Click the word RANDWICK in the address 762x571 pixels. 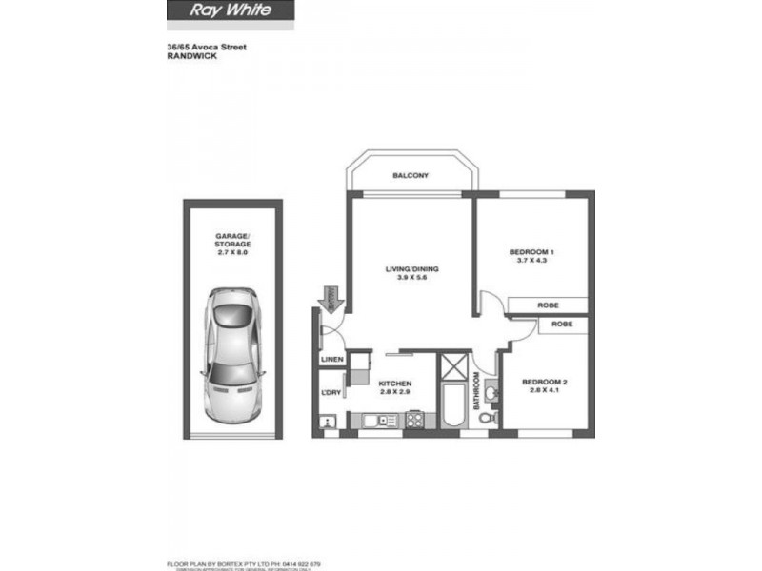point(190,56)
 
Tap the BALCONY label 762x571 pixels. point(411,176)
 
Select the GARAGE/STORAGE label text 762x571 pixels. point(232,240)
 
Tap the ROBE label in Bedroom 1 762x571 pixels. point(548,305)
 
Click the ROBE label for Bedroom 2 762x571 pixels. point(562,324)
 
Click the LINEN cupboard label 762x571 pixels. point(331,360)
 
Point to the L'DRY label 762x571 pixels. point(331,393)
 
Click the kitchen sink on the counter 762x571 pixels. point(375,419)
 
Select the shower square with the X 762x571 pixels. point(451,365)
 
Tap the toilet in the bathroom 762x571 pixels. point(487,417)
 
